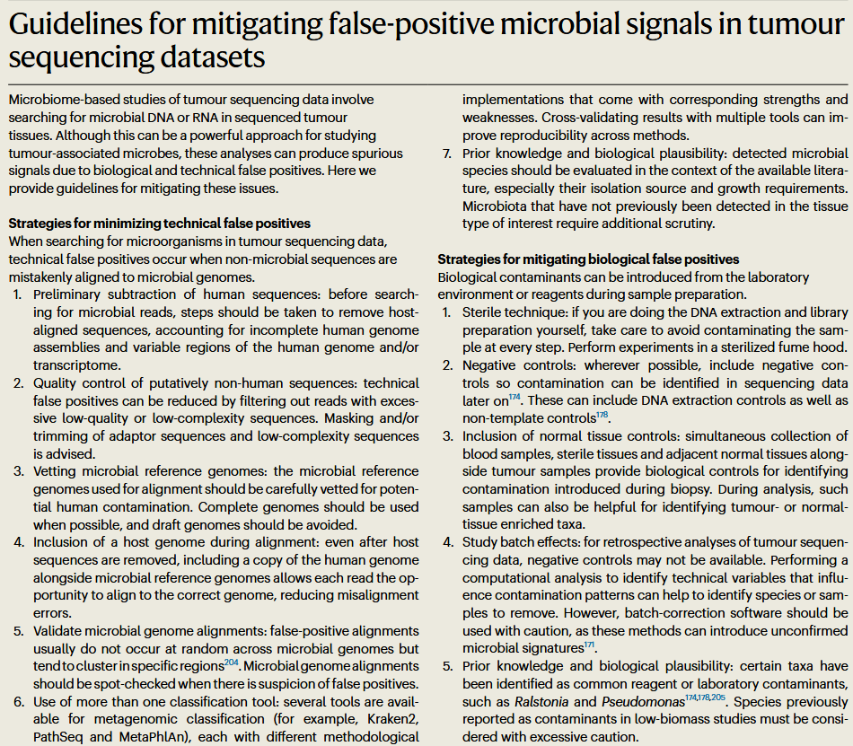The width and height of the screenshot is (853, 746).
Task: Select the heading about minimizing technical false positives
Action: pyautogui.click(x=159, y=223)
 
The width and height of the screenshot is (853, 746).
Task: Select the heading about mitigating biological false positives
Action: pyautogui.click(x=588, y=259)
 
